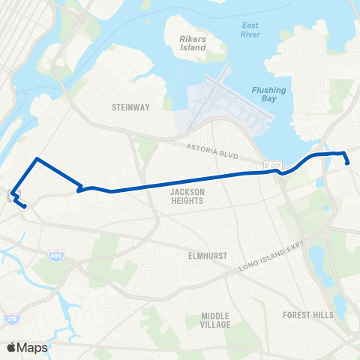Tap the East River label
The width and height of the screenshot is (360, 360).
(250, 30)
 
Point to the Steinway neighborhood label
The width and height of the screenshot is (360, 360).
(125, 107)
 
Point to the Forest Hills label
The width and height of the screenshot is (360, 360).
(308, 315)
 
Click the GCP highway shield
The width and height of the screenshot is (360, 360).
(274, 165)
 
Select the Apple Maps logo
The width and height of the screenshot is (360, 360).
(27, 347)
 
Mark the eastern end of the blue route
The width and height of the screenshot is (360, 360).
(348, 163)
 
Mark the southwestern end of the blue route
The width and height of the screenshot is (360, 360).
(25, 206)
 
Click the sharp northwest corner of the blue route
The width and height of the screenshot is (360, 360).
(36, 159)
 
